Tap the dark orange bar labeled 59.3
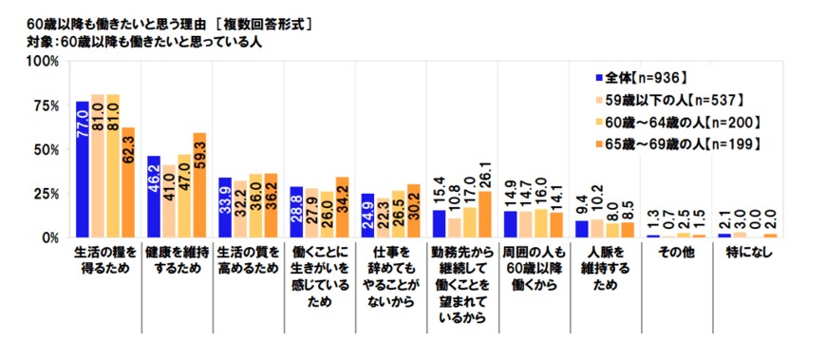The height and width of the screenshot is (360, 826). pyautogui.click(x=199, y=185)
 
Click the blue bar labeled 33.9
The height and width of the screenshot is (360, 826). pyautogui.click(x=225, y=208)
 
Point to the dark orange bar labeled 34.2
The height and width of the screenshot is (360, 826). pyautogui.click(x=342, y=208)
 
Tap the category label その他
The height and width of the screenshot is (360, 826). pyautogui.click(x=673, y=254)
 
